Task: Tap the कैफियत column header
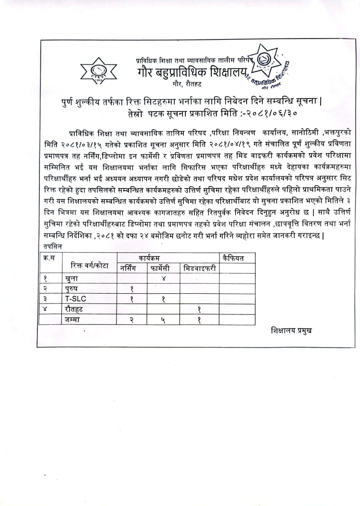pos(233,259)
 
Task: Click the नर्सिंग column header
pos(131,268)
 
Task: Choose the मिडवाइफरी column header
pos(200,268)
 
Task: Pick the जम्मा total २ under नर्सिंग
pos(131,320)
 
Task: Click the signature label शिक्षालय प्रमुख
pos(291,330)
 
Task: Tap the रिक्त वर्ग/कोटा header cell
pos(90,266)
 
